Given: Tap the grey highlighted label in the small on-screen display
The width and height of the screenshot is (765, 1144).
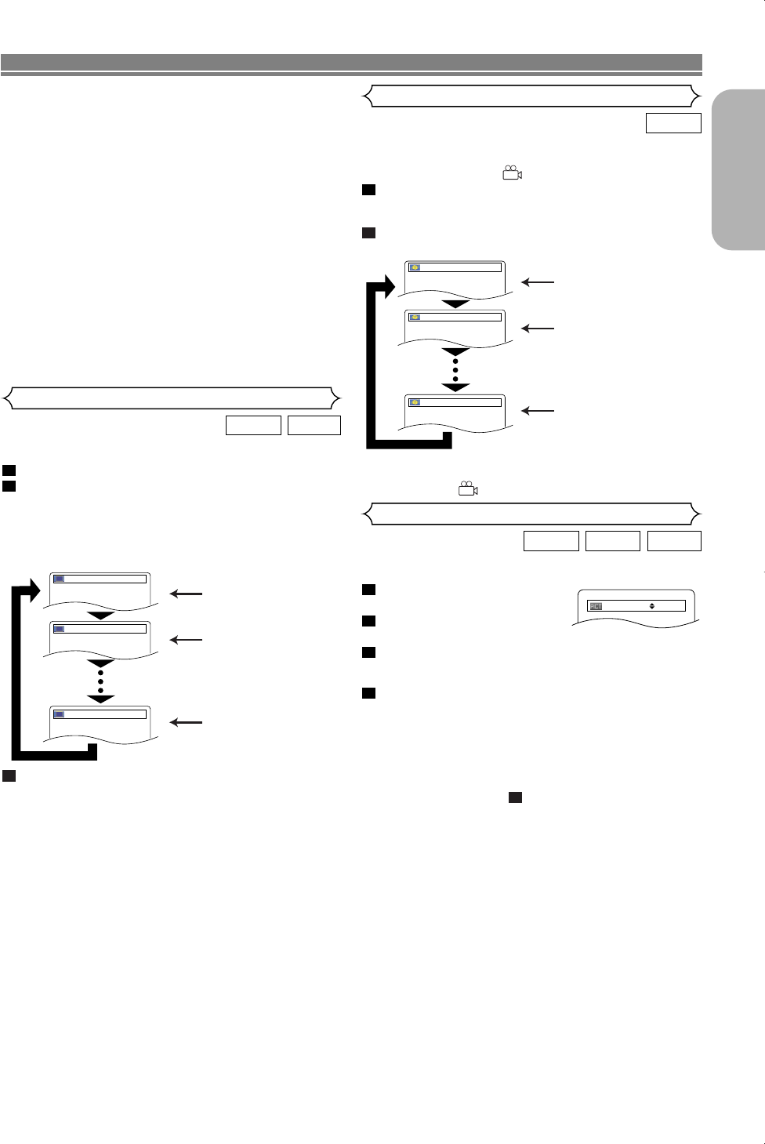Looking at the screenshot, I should [x=596, y=606].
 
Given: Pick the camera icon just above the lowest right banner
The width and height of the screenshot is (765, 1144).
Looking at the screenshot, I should [x=468, y=488].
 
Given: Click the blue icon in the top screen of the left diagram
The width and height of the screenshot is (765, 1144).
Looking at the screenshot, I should [x=59, y=579].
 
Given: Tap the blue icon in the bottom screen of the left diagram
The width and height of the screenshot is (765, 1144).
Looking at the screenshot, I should [x=59, y=714].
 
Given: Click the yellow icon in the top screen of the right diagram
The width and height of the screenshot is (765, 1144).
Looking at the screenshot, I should [x=415, y=267].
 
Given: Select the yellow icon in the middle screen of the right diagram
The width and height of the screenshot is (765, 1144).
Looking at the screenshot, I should [x=415, y=317].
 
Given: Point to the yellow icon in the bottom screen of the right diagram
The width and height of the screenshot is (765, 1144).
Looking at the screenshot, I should [x=415, y=402].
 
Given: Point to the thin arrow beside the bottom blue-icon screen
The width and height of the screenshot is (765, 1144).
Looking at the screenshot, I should [x=187, y=722].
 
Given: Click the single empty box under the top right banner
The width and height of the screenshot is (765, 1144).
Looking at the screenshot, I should [x=673, y=123].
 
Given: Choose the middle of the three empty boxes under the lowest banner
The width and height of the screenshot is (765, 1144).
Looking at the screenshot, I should [x=613, y=541].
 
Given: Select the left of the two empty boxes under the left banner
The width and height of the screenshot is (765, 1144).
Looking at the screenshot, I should [x=253, y=425].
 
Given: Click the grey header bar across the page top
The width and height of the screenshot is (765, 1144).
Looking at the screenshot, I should [x=351, y=62].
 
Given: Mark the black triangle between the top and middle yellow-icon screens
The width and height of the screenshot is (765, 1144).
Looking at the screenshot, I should [x=455, y=303].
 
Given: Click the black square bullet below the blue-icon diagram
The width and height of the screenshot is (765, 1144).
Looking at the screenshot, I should [x=8, y=776].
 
